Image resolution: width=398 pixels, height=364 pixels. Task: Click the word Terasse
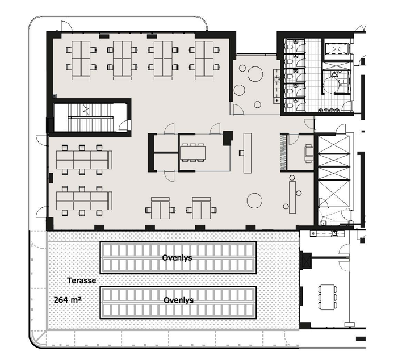(x=82, y=281)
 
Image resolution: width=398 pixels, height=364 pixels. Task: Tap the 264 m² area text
(x=68, y=299)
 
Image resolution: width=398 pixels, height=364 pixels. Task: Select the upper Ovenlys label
(x=177, y=258)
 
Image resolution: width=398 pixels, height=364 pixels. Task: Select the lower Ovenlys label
(x=178, y=300)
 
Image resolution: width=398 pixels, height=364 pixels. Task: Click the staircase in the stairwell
(x=90, y=118)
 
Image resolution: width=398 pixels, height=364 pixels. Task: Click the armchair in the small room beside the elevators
(x=309, y=153)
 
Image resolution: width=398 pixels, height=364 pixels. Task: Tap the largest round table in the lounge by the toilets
(x=255, y=74)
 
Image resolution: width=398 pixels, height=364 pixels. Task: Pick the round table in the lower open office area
(x=254, y=200)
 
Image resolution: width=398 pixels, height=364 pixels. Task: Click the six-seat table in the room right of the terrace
(x=328, y=297)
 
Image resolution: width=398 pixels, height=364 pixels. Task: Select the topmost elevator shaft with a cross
(x=334, y=145)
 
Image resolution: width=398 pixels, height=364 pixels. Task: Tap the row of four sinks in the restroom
(x=329, y=110)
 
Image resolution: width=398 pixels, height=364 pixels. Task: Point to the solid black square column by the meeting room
(x=228, y=138)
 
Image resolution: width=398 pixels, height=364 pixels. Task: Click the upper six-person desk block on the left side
(x=82, y=160)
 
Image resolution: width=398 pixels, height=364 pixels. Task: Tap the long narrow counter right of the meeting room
(x=248, y=153)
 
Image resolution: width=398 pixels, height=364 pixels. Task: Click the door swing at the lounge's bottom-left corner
(x=237, y=109)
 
